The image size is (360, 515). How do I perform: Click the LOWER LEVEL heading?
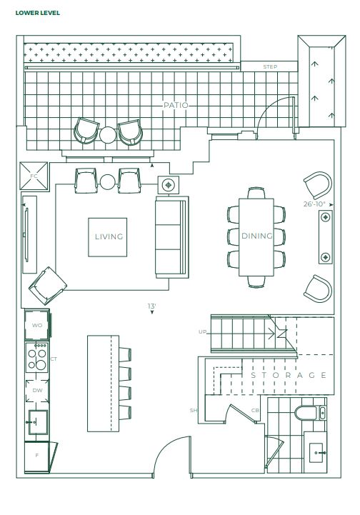click(37, 13)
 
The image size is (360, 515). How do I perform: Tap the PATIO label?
click(176, 105)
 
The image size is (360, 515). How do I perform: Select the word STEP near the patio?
click(270, 66)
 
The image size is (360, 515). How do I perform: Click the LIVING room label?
click(109, 236)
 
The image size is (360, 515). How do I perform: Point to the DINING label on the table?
click(257, 236)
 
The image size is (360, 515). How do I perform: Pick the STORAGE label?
click(289, 375)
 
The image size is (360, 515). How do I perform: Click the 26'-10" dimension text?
click(314, 204)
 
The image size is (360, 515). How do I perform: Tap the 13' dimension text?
click(151, 306)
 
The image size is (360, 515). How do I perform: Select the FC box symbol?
click(34, 176)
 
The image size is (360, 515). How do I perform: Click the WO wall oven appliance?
click(37, 325)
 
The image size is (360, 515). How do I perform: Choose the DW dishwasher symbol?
click(37, 391)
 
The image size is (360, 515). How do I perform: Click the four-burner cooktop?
click(37, 357)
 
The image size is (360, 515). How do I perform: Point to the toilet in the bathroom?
click(306, 413)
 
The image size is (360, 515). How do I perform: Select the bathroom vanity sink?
click(316, 453)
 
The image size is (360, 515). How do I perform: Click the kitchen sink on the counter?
click(38, 422)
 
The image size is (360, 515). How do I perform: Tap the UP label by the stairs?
click(202, 331)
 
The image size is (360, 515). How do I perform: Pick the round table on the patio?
click(108, 135)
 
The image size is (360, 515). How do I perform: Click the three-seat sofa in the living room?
click(171, 237)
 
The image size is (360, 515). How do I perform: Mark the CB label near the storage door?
click(255, 411)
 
